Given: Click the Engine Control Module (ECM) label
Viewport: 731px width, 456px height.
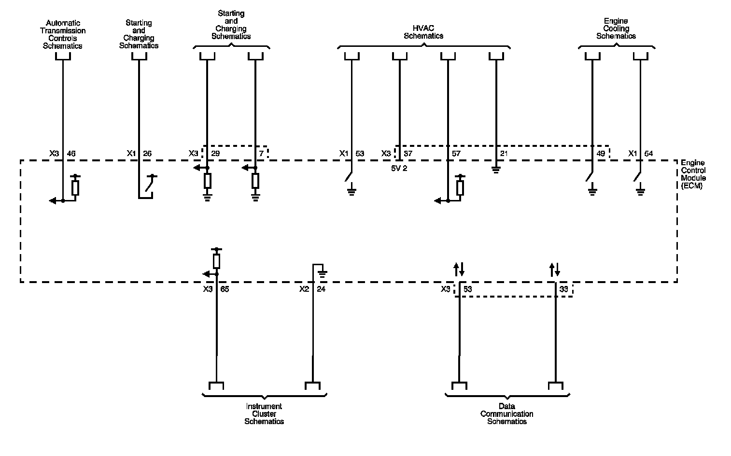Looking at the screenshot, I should click(693, 174).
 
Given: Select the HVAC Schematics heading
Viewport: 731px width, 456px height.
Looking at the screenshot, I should click(423, 32).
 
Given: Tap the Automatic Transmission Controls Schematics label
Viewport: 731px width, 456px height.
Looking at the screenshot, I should click(63, 34).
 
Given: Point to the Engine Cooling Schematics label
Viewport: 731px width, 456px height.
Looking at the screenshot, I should click(616, 28).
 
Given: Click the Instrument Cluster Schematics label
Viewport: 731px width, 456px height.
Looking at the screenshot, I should click(264, 413).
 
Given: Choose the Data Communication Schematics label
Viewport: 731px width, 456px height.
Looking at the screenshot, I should click(506, 413).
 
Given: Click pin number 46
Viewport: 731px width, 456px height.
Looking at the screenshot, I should click(71, 154).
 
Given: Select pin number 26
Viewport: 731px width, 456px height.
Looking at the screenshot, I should click(147, 154).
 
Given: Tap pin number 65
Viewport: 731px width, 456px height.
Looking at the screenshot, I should click(225, 289).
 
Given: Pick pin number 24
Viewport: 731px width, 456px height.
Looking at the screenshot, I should click(321, 289).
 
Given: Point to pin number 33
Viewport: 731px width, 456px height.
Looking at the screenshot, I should click(563, 289).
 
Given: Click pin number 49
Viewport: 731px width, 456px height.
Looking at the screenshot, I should click(601, 154).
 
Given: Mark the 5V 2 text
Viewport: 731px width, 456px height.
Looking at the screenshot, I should click(399, 169).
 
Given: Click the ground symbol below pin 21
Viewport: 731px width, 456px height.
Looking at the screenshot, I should click(496, 170).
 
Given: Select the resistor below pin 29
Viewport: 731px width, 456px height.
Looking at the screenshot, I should click(207, 181).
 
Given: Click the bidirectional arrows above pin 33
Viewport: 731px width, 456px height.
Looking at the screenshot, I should click(555, 270).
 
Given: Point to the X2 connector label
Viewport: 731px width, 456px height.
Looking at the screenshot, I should click(304, 289).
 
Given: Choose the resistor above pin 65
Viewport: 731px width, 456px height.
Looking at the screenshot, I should click(216, 261).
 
